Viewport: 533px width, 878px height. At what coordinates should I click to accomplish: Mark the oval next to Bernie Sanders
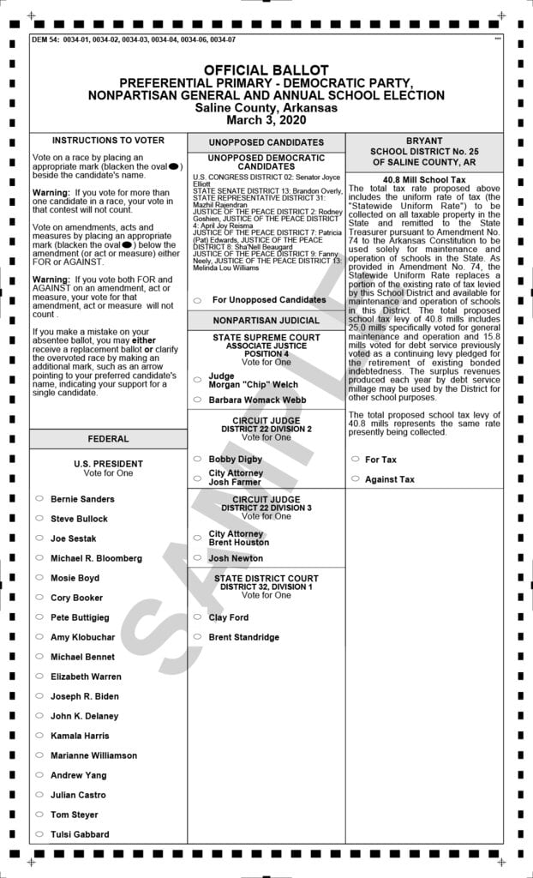[x=39, y=499]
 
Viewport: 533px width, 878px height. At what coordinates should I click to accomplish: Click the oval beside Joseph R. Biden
[x=39, y=696]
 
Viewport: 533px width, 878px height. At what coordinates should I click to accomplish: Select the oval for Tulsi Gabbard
[x=39, y=834]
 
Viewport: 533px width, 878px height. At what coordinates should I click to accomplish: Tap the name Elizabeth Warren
[x=86, y=677]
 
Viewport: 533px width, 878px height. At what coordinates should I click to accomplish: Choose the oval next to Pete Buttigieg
[x=39, y=617]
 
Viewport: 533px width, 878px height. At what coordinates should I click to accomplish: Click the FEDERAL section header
[x=108, y=439]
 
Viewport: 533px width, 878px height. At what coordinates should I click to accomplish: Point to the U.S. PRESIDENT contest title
[x=108, y=464]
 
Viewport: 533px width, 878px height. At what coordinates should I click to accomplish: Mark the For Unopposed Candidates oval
[x=197, y=301]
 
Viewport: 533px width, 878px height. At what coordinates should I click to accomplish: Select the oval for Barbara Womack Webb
[x=197, y=400]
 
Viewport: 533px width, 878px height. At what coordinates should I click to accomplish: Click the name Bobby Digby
[x=236, y=460]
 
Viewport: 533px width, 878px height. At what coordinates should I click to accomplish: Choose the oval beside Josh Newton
[x=197, y=558]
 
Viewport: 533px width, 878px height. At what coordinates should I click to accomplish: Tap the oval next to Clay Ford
[x=197, y=617]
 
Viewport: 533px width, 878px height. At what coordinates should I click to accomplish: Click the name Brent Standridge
[x=244, y=637]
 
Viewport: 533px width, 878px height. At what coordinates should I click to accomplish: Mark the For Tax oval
[x=355, y=460]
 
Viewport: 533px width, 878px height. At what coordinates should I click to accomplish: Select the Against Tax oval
[x=355, y=479]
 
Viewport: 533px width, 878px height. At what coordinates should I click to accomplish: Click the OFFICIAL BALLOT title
[x=266, y=69]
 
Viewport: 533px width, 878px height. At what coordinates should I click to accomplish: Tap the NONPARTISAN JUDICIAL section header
[x=266, y=321]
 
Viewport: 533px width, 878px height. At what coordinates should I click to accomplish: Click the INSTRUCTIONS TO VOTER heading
[x=108, y=140]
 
